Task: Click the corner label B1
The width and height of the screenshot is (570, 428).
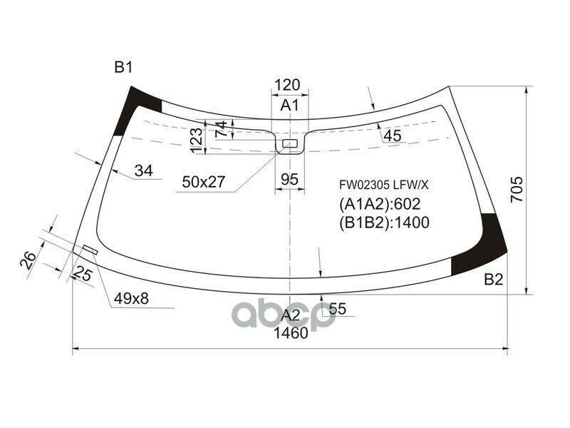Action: pyautogui.click(x=123, y=67)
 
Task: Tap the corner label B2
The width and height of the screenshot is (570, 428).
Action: pyautogui.click(x=494, y=279)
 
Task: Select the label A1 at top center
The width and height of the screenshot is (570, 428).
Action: pyautogui.click(x=289, y=105)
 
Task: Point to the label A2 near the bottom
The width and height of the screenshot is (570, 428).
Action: pyautogui.click(x=291, y=315)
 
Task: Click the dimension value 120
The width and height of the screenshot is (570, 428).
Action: pyautogui.click(x=287, y=85)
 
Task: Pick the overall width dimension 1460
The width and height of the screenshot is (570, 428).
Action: pyautogui.click(x=291, y=332)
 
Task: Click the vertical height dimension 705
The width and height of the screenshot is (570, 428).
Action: pyautogui.click(x=517, y=190)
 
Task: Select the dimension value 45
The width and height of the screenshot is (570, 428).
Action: pyautogui.click(x=393, y=136)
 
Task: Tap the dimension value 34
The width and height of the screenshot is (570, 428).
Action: pyautogui.click(x=144, y=170)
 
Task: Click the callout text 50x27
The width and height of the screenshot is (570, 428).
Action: pyautogui.click(x=204, y=182)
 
